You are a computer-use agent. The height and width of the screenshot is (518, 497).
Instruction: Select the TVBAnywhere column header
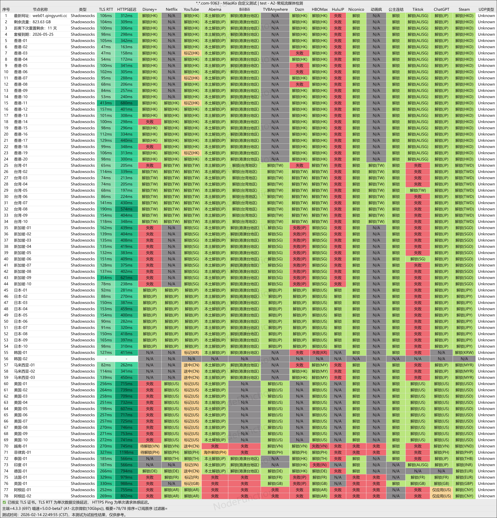(275, 9)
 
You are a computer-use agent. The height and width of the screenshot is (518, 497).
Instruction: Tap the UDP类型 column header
(486, 9)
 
